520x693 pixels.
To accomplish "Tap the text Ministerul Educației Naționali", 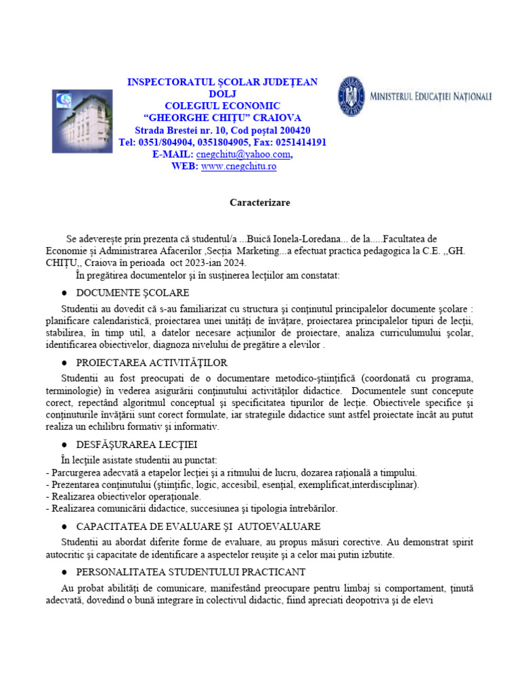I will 431,97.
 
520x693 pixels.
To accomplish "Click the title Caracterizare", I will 259,202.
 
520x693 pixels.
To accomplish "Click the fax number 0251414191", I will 299,142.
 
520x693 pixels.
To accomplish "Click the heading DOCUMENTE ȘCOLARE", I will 133,293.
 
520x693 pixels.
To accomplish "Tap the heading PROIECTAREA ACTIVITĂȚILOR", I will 152,363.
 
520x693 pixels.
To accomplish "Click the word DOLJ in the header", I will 223,94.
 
